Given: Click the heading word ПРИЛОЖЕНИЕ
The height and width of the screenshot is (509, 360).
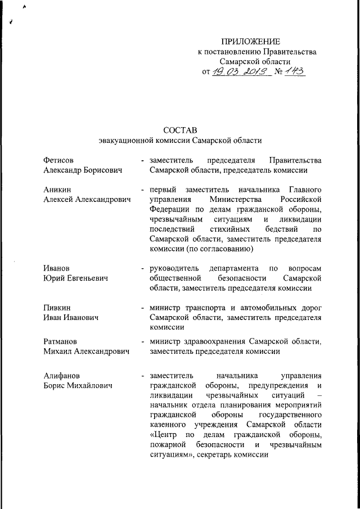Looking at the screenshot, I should click(250, 42).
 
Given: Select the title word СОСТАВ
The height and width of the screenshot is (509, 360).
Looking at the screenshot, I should click(179, 130).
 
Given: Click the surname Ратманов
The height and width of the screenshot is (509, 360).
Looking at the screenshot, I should click(61, 341).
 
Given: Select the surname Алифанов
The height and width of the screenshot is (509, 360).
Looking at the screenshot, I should click(62, 375).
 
